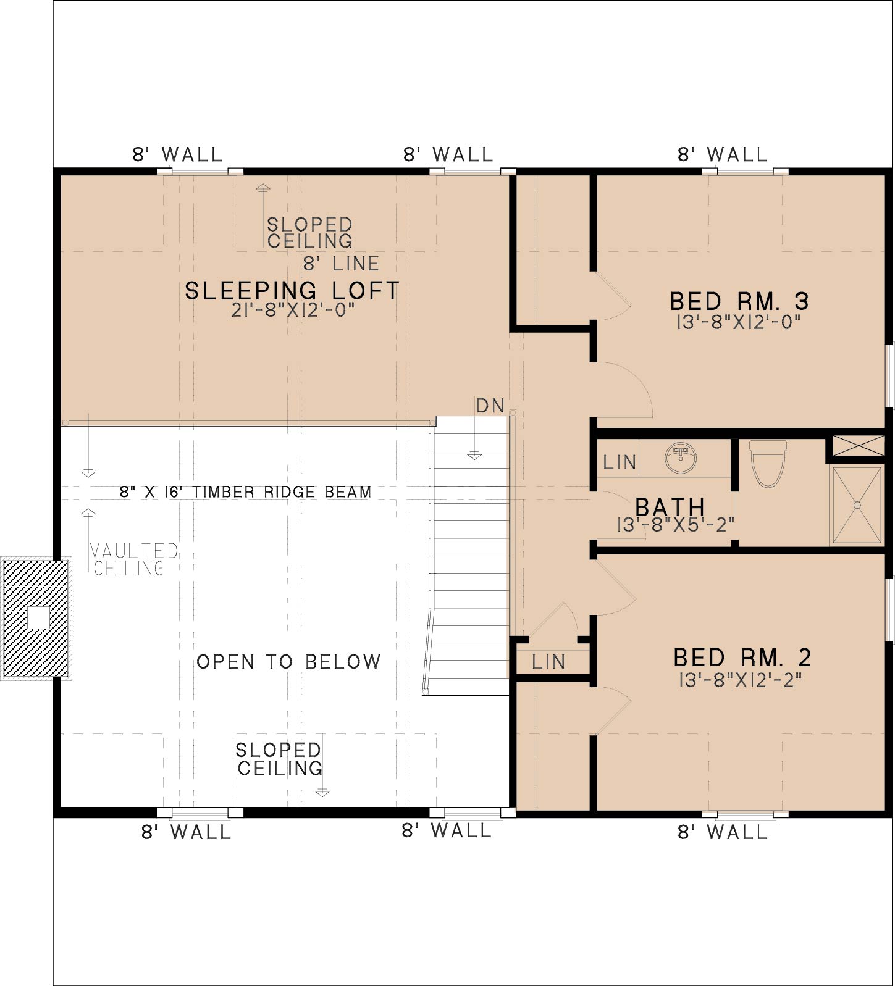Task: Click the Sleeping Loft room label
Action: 292,291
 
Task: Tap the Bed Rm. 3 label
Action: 739,301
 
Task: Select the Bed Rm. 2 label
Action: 742,658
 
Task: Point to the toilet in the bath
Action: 768,463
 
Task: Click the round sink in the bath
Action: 681,458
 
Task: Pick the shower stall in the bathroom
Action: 857,506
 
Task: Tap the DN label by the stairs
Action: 490,406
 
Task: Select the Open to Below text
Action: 288,662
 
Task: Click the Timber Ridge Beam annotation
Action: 246,492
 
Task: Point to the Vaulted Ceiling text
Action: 135,559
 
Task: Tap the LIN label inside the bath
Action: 620,462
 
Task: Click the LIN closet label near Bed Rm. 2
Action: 548,662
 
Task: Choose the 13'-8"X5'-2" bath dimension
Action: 676,525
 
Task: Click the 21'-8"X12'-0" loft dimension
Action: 293,310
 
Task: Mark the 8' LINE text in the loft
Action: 341,264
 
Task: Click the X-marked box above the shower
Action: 859,446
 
